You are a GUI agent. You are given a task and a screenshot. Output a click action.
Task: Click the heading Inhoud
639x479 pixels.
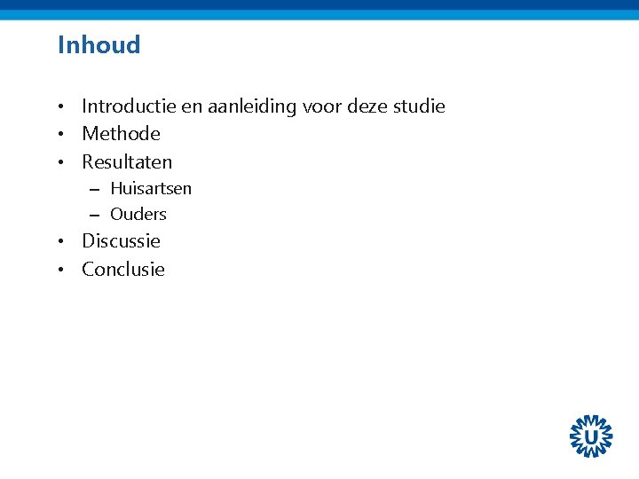click(99, 44)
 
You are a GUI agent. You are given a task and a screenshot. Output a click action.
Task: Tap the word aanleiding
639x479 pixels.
click(251, 106)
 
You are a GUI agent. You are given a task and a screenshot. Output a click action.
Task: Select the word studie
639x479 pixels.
click(418, 106)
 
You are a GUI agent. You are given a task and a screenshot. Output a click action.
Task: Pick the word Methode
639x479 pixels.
click(121, 134)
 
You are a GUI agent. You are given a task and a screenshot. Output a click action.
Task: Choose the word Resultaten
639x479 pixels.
click(127, 161)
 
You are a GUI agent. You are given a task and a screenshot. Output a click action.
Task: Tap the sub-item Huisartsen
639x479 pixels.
click(151, 188)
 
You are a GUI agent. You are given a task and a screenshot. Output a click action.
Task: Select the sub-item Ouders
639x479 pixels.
click(138, 214)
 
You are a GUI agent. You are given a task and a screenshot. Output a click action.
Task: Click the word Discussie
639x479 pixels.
click(121, 240)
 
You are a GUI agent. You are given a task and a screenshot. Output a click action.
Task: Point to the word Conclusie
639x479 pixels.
click(123, 269)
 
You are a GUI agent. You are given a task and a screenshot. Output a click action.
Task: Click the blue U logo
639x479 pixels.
click(591, 436)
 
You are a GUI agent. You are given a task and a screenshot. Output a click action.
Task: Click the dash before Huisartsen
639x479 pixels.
click(93, 189)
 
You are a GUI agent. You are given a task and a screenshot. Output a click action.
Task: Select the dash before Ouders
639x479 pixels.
click(93, 215)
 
